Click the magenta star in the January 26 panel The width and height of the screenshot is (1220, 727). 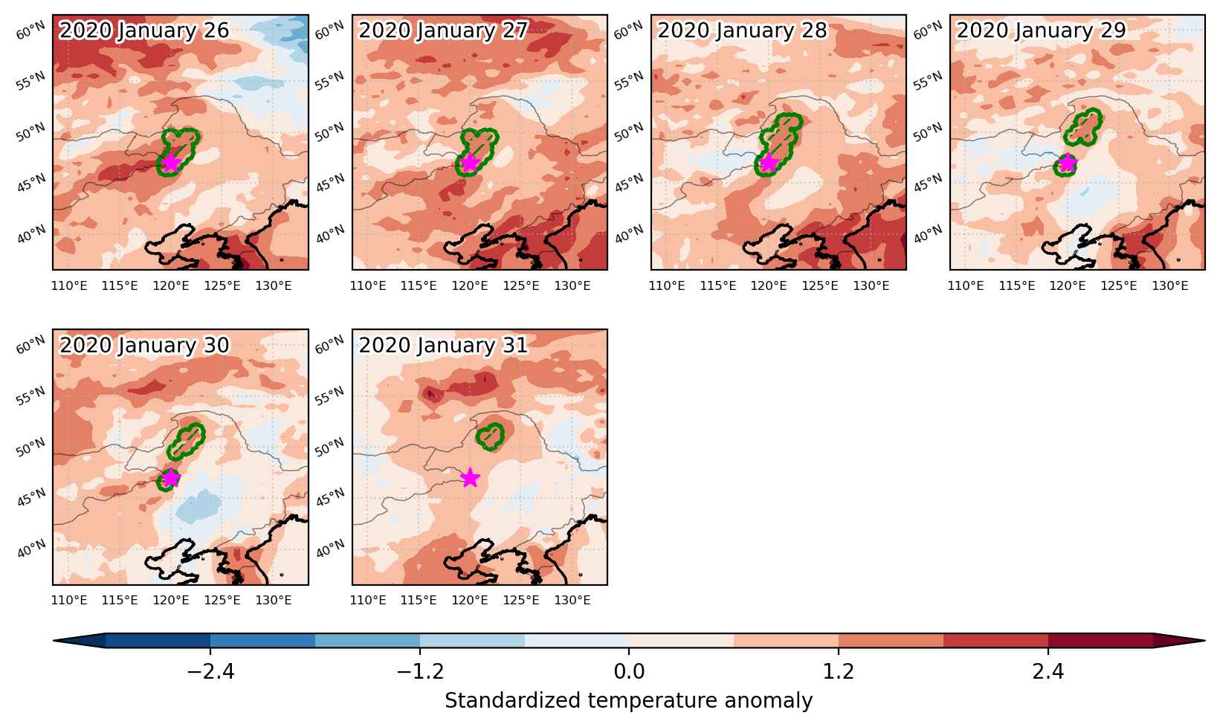[170, 162]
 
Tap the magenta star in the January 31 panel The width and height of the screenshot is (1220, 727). [470, 477]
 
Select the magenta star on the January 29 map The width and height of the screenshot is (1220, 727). [1068, 162]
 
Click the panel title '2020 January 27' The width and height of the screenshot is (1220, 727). [443, 30]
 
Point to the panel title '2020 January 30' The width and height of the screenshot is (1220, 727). [144, 345]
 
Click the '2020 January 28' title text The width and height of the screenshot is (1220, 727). [743, 30]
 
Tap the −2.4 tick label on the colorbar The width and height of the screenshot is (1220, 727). [210, 672]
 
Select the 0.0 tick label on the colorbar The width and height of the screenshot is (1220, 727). [629, 672]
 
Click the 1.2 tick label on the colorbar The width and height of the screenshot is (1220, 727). [838, 672]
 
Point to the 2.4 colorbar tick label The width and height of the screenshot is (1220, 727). [1048, 672]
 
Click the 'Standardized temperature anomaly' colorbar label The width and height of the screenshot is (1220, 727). [628, 701]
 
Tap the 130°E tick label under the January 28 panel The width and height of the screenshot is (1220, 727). [871, 286]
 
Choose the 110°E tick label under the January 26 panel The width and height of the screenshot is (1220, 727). [69, 286]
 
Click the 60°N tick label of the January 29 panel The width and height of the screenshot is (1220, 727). [928, 30]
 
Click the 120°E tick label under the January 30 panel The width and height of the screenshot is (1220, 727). [171, 601]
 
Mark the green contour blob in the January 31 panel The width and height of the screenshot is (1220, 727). [490, 436]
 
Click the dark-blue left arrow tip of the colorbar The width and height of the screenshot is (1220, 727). [54, 641]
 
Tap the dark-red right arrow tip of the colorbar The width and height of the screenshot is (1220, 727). [1204, 641]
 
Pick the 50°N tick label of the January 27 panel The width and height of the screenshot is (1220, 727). [329, 132]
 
